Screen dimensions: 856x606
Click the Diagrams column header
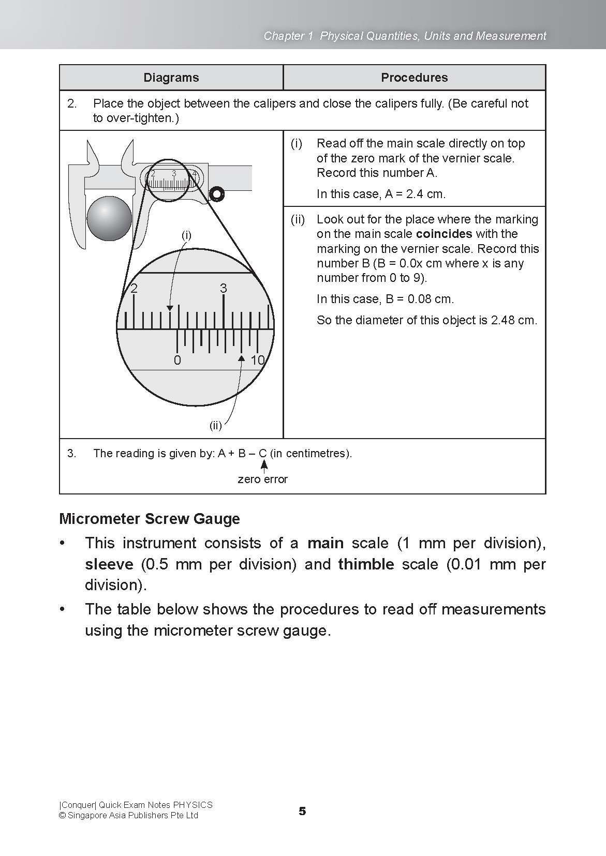(171, 78)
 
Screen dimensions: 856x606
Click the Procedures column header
(414, 78)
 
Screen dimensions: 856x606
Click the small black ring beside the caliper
(216, 194)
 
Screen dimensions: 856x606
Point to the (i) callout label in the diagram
(186, 235)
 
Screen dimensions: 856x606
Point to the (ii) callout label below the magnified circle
(215, 426)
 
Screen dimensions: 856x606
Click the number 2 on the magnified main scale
(134, 289)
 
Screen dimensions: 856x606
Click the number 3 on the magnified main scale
(223, 289)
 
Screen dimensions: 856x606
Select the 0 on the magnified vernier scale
(177, 361)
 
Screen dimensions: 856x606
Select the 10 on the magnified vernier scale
(257, 361)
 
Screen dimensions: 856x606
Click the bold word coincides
(444, 234)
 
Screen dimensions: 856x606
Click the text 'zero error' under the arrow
(262, 479)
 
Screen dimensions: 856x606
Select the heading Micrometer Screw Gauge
(150, 519)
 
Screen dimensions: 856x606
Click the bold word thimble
(366, 564)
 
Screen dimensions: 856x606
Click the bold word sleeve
(109, 564)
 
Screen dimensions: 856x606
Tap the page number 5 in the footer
(302, 811)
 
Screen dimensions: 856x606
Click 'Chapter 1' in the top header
(288, 36)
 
